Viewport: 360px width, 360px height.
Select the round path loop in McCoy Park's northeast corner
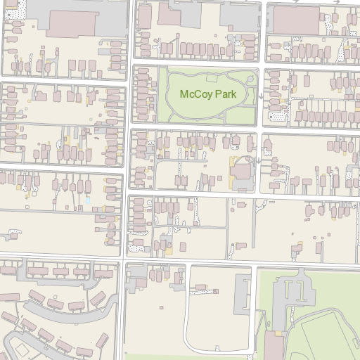click(x=243, y=78)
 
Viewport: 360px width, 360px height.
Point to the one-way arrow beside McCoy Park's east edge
click(x=260, y=96)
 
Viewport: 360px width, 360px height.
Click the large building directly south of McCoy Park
click(x=242, y=172)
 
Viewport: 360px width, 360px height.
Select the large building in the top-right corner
click(x=296, y=19)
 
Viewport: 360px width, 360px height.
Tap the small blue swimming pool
click(x=88, y=200)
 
